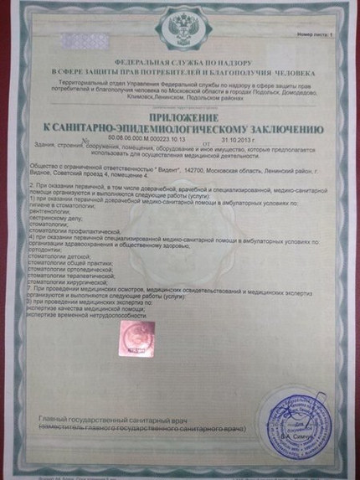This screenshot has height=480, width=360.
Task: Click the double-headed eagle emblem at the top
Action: coord(181,28)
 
